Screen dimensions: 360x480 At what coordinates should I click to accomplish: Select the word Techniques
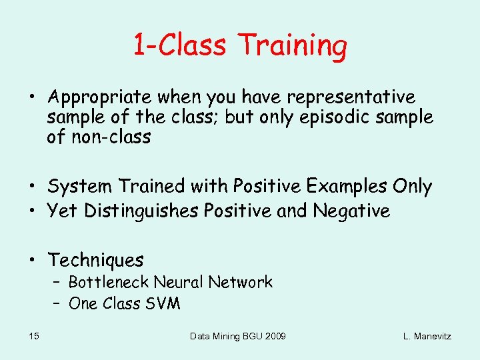coord(95,259)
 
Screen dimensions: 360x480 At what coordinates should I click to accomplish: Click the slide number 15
coord(33,336)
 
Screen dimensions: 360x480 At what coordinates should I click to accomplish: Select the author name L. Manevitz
coord(427,336)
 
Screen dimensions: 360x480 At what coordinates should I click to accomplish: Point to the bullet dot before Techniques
coord(31,260)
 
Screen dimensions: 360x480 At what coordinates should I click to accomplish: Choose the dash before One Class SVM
coord(57,303)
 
